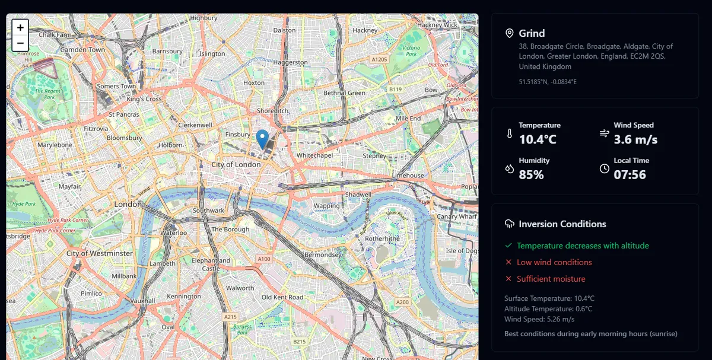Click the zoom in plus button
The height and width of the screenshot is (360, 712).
pyautogui.click(x=20, y=28)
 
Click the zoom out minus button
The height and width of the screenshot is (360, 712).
pyautogui.click(x=20, y=43)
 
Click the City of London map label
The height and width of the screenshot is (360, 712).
pyautogui.click(x=236, y=164)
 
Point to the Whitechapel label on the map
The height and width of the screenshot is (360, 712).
pyautogui.click(x=316, y=155)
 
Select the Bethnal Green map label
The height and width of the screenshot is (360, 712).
pyautogui.click(x=344, y=93)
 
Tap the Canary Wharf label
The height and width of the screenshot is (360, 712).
pyautogui.click(x=457, y=216)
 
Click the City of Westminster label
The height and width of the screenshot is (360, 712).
pyautogui.click(x=100, y=253)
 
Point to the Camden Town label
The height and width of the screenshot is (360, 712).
pyautogui.click(x=82, y=50)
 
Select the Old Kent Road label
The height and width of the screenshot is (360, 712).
pyautogui.click(x=282, y=297)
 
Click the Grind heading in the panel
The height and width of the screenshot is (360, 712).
pyautogui.click(x=532, y=33)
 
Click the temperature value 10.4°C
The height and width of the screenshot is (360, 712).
pyautogui.click(x=538, y=140)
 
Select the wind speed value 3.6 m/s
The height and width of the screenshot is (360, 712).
pyautogui.click(x=635, y=140)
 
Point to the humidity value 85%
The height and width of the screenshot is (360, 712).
pyautogui.click(x=531, y=175)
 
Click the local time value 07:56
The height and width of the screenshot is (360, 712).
pyautogui.click(x=630, y=175)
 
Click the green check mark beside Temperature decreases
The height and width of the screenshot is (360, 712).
pyautogui.click(x=508, y=246)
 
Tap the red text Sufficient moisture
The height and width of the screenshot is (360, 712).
pyautogui.click(x=551, y=279)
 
